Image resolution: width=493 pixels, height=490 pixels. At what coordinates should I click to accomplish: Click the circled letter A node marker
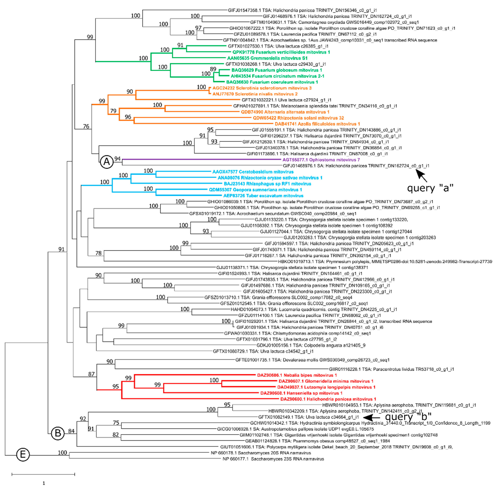point(107,162)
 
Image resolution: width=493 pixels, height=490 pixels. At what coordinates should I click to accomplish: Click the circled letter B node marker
point(58,433)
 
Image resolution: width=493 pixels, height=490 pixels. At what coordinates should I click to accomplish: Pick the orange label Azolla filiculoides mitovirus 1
point(317,124)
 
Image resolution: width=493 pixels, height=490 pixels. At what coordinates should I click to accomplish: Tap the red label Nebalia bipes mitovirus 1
point(297,375)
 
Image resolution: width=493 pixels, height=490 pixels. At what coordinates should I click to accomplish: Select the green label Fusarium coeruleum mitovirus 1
point(272,82)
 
